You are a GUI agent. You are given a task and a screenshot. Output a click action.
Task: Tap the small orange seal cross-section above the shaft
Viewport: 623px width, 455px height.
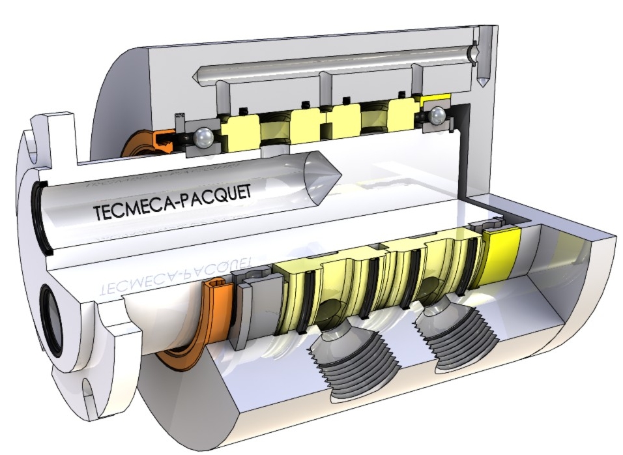(x=162, y=141)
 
